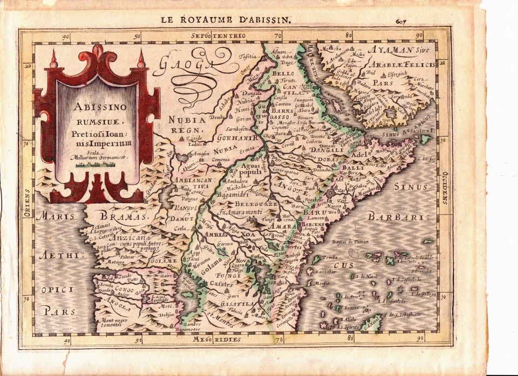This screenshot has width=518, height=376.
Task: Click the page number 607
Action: click(x=400, y=22)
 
